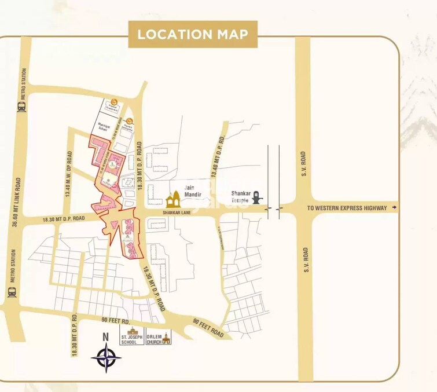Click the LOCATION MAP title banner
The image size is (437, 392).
click(x=193, y=34)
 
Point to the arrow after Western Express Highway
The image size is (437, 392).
click(x=395, y=207)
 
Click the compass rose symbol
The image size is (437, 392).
click(x=106, y=357)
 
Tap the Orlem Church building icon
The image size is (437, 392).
click(x=167, y=338)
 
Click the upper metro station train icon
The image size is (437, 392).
click(x=22, y=107)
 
